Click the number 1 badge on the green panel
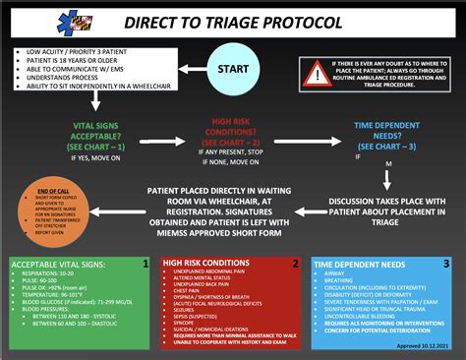point(145,264)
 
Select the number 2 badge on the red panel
point(294,264)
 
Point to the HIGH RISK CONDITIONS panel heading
point(208,265)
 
